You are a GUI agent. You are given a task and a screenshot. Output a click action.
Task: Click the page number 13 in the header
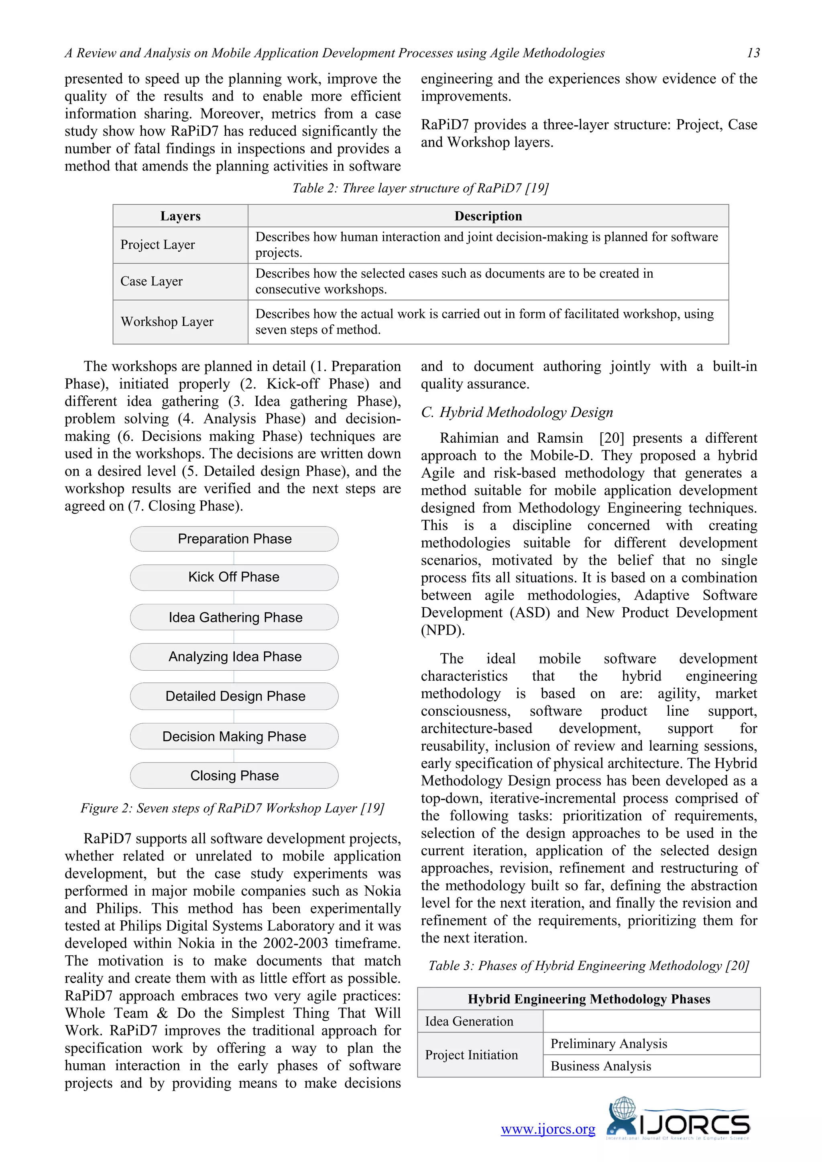pyautogui.click(x=753, y=53)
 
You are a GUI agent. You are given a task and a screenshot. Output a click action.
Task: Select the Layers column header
pyautogui.click(x=180, y=216)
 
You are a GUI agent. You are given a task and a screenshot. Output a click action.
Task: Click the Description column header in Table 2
pyautogui.click(x=488, y=216)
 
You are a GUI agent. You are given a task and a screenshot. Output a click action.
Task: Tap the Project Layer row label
pyautogui.click(x=157, y=245)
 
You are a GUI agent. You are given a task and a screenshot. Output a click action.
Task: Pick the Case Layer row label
pyautogui.click(x=151, y=281)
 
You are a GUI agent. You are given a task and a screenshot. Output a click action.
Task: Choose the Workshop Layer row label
pyautogui.click(x=167, y=322)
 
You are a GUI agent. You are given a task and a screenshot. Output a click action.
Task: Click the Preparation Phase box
pyautogui.click(x=234, y=539)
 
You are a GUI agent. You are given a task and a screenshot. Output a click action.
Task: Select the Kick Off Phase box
pyautogui.click(x=234, y=578)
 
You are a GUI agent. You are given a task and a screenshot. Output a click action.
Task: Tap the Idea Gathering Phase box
pyautogui.click(x=235, y=617)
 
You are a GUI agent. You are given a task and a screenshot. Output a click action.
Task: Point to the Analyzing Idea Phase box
pyautogui.click(x=235, y=657)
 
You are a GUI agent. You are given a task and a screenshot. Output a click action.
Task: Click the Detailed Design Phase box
pyautogui.click(x=235, y=696)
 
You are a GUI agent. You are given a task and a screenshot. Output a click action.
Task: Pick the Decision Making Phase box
pyautogui.click(x=234, y=737)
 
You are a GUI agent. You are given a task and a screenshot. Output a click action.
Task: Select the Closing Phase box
pyautogui.click(x=234, y=776)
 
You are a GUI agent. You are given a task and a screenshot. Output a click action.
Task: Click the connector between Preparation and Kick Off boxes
pyautogui.click(x=234, y=558)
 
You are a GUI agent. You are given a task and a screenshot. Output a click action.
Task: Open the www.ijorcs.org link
pyautogui.click(x=547, y=1129)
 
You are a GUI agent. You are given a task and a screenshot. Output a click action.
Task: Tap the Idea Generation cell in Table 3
pyautogui.click(x=469, y=1021)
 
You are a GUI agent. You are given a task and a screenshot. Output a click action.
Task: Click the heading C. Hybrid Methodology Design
pyautogui.click(x=517, y=413)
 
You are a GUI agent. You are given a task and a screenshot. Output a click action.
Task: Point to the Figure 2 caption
pyautogui.click(x=232, y=808)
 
